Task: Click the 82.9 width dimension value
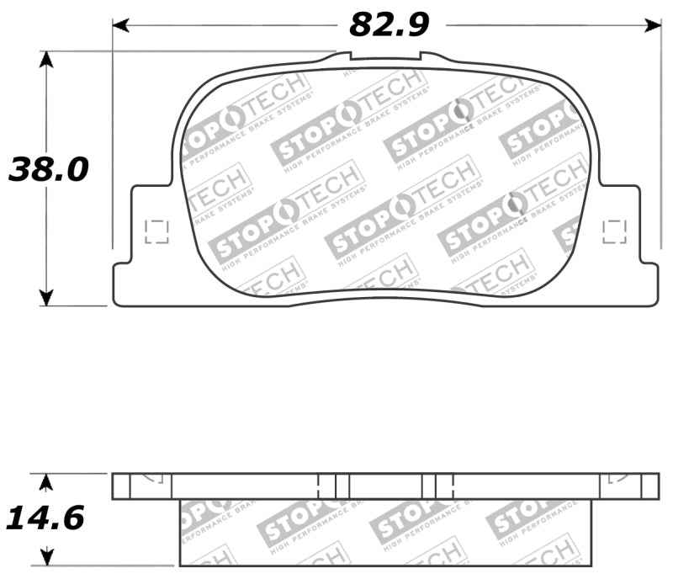[x=389, y=25]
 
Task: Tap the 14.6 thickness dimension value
[x=45, y=518]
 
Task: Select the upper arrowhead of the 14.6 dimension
[x=47, y=481]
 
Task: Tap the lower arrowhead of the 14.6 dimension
[x=47, y=557]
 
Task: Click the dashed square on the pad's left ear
[x=157, y=231]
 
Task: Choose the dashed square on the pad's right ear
[x=615, y=231]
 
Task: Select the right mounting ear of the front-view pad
[x=627, y=244]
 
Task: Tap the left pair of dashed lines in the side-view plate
[x=328, y=486]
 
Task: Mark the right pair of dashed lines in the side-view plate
[x=444, y=486]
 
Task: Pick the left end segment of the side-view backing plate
[x=123, y=486]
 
